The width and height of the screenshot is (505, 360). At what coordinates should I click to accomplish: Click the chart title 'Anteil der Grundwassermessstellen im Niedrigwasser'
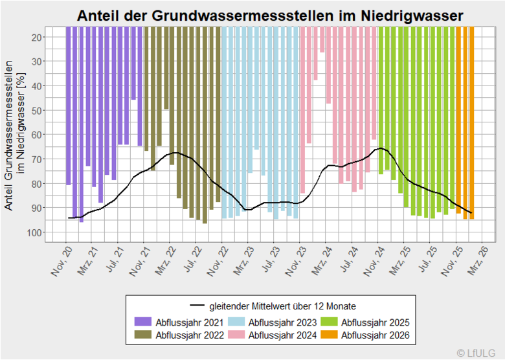point(270,16)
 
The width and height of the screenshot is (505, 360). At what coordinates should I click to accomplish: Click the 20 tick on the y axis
point(37,37)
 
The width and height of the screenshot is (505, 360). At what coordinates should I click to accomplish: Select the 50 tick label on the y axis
point(37,110)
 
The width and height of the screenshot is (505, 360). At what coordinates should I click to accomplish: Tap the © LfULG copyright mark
point(478,352)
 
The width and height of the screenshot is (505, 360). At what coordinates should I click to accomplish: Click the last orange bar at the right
point(472,122)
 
